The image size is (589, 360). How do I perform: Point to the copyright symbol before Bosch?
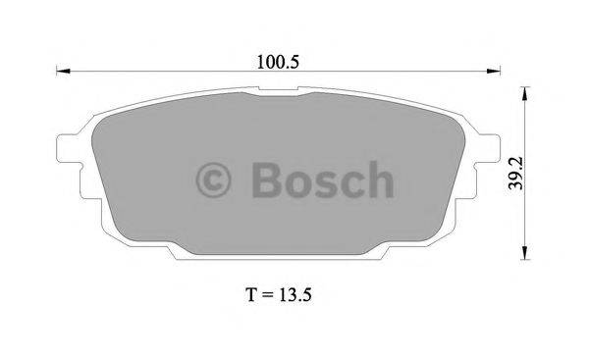click(x=215, y=180)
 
